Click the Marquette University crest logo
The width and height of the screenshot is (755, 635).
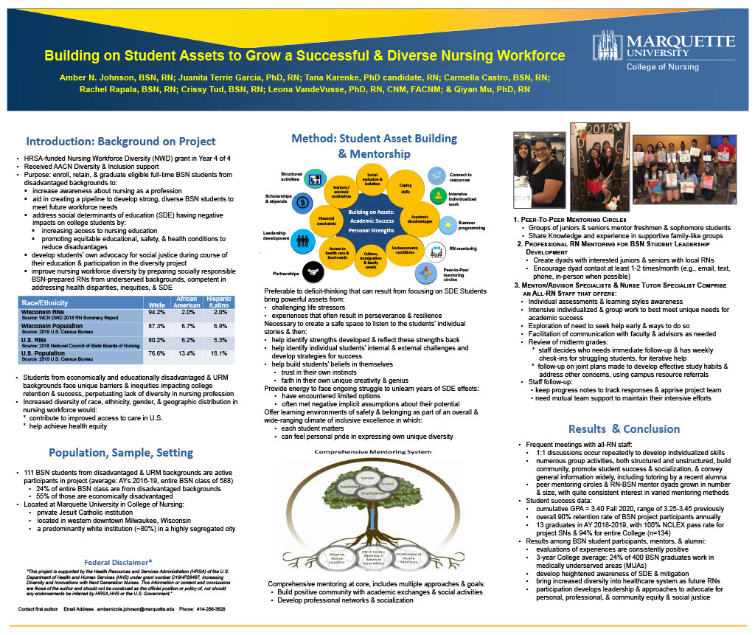coord(608,49)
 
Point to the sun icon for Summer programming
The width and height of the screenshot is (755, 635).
coord(447,225)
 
